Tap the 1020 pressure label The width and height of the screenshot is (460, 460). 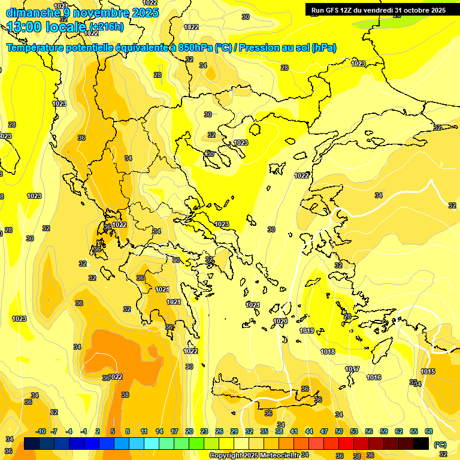coord(280,322)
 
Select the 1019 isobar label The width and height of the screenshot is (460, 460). coord(307,331)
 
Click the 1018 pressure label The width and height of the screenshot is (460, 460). coord(328,352)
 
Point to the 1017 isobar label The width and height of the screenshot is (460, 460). coord(352,370)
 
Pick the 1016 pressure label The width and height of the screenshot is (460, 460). coord(374,377)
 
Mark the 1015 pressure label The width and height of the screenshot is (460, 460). coord(428,371)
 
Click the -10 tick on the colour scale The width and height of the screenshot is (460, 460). coord(41,431)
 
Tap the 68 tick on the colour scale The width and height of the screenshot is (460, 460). coord(429,431)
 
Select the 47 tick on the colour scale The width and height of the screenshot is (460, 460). coord(324,431)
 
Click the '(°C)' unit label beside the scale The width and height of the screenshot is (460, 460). coord(440,444)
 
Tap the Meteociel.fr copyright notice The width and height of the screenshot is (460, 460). coord(255,455)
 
